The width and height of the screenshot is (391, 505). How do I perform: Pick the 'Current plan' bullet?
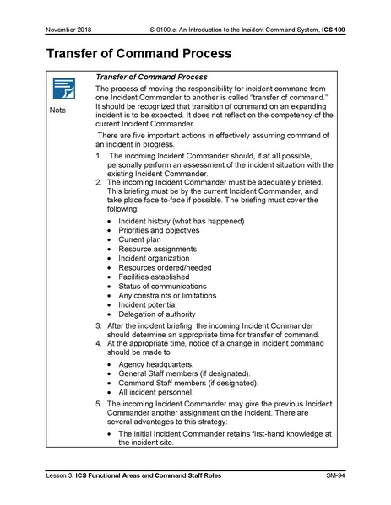pos(139,239)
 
